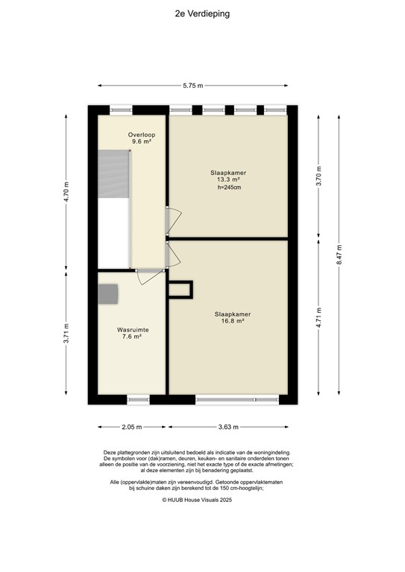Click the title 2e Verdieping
(x=202, y=13)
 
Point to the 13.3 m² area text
(x=228, y=180)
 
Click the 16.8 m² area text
(x=228, y=322)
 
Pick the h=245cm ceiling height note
(x=228, y=188)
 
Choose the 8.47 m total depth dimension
(x=339, y=255)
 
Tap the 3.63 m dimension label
(x=228, y=427)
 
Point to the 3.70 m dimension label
(x=319, y=177)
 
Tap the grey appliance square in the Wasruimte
(x=109, y=294)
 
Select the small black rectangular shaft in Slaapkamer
(x=180, y=289)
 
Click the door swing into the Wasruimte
(x=148, y=276)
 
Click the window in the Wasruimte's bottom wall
(x=138, y=400)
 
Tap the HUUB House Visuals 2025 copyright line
(x=202, y=500)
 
